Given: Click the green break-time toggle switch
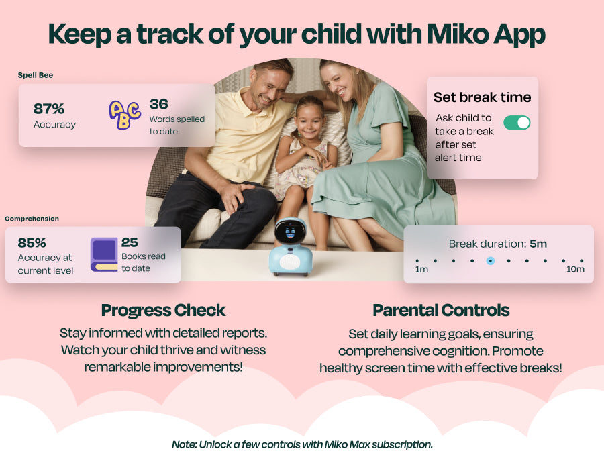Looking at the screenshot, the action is click(517, 123).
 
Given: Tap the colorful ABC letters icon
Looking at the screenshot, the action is click(124, 114).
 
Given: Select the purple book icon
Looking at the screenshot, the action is click(104, 254).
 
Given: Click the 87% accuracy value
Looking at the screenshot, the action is click(49, 109).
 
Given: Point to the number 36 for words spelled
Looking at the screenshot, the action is click(158, 104).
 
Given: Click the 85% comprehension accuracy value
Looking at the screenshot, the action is click(32, 243).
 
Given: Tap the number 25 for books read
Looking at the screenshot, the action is click(130, 242).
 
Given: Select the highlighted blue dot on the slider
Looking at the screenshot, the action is click(491, 261).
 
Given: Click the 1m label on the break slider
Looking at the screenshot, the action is click(421, 269).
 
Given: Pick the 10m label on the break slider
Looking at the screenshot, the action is click(575, 269).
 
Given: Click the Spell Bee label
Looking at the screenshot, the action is click(36, 75).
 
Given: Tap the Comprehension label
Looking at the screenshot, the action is click(32, 219).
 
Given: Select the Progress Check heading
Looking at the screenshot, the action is click(163, 311).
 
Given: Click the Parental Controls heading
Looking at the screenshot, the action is click(441, 311).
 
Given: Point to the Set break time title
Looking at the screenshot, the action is click(483, 97).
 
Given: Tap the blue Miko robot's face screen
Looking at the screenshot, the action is click(290, 232).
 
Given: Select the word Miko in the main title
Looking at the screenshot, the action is click(457, 34).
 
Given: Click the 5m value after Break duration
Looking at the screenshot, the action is click(538, 244).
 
